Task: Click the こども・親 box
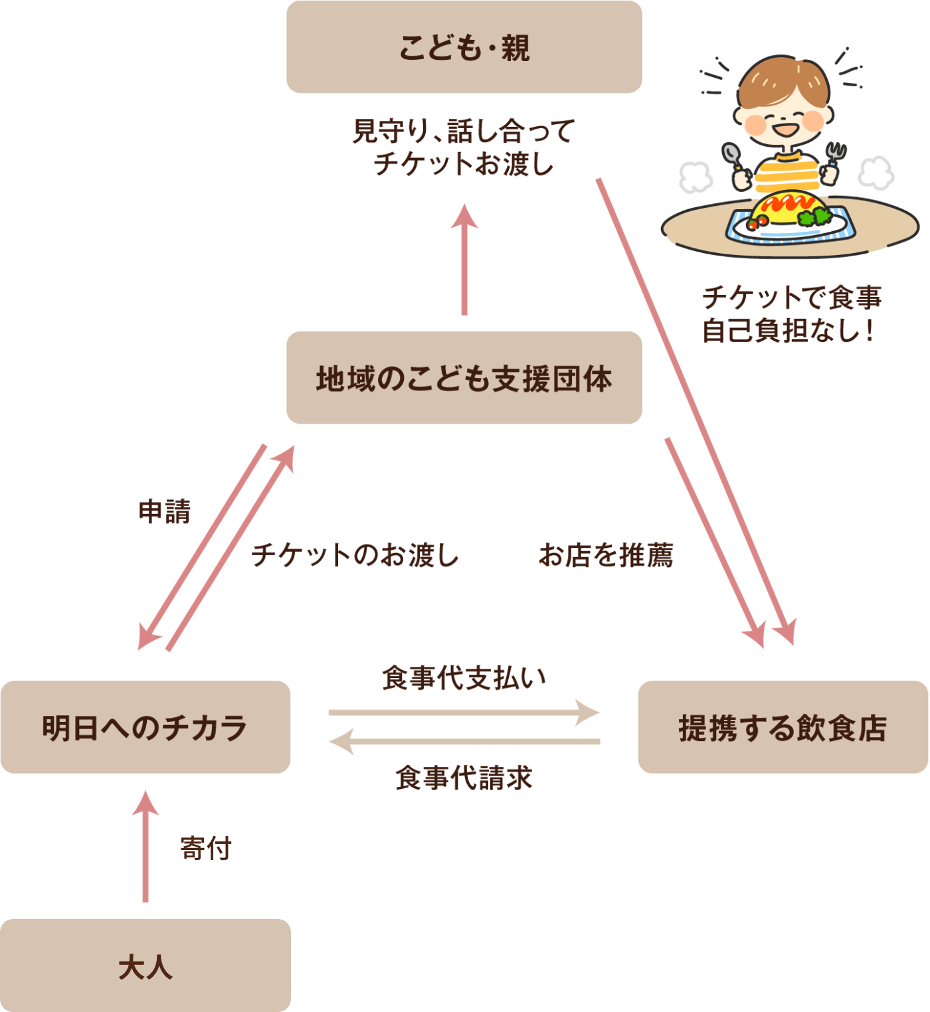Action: point(464,47)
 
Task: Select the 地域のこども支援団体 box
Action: point(464,377)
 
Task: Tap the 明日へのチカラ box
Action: point(145,727)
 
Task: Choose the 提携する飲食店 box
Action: point(783,727)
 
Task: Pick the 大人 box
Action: point(145,965)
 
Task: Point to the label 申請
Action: point(165,511)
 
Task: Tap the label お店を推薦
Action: point(606,555)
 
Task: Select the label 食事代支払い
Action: point(464,677)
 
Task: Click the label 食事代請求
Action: point(464,778)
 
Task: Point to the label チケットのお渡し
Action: point(355,555)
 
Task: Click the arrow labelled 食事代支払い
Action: point(464,713)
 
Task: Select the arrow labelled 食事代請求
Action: point(464,742)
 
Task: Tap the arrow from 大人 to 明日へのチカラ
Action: point(145,847)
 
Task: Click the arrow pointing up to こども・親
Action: point(464,260)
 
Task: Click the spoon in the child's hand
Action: point(731,157)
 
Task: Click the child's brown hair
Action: point(783,81)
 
